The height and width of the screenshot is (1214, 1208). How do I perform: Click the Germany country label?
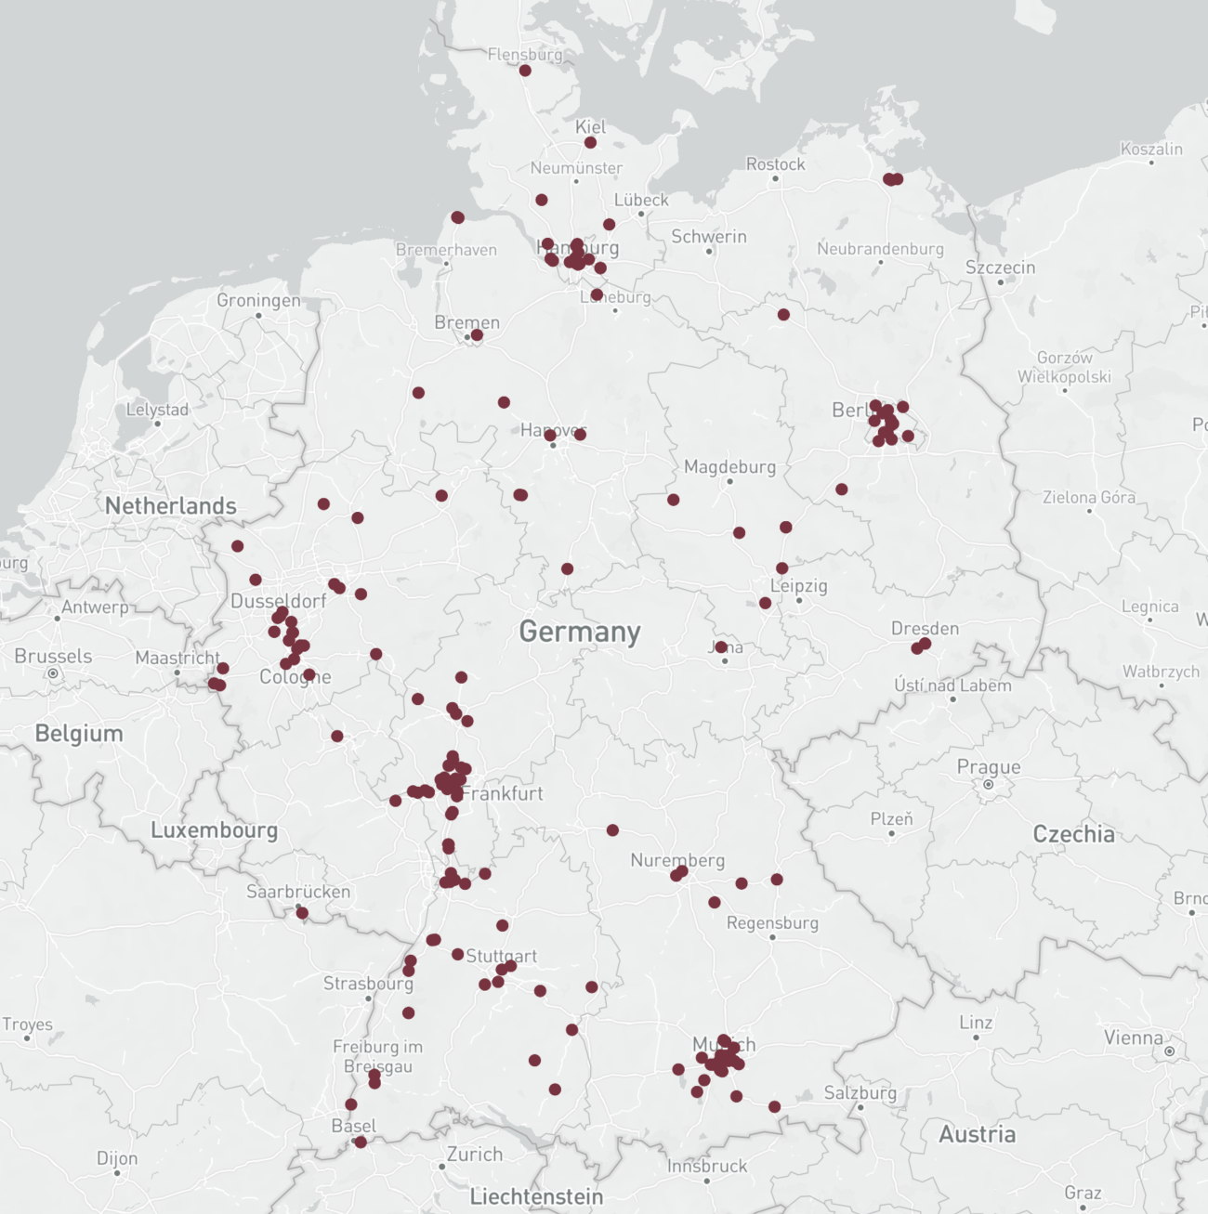[x=580, y=632]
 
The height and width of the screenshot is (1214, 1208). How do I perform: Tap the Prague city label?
[x=989, y=767]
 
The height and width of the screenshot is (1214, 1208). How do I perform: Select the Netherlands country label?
[x=171, y=506]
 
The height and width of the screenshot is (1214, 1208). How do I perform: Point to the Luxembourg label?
[x=215, y=830]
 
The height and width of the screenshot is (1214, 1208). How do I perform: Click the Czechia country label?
[x=1073, y=834]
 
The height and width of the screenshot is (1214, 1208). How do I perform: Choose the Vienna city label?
[x=1133, y=1038]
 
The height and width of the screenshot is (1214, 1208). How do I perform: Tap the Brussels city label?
[x=53, y=656]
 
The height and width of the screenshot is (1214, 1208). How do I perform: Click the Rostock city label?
[x=776, y=164]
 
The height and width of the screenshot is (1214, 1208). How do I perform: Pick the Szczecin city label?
[x=1000, y=268]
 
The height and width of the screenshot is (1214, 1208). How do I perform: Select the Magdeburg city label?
[x=729, y=466]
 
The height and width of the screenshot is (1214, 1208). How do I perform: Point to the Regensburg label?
[x=772, y=923]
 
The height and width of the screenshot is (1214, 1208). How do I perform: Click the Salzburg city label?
[x=860, y=1092]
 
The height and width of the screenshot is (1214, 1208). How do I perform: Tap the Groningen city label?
[x=258, y=300]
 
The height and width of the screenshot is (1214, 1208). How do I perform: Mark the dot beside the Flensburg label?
[x=525, y=71]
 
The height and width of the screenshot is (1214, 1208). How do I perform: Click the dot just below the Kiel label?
[x=590, y=143]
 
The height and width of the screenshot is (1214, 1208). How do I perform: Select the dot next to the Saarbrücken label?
[x=302, y=913]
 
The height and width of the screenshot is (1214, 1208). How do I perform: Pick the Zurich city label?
[x=475, y=1155]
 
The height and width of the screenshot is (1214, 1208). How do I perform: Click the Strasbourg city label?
[x=368, y=983]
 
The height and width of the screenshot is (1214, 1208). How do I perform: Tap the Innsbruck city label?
[x=707, y=1166]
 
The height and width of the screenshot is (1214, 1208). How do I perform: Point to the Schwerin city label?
[x=709, y=237]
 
